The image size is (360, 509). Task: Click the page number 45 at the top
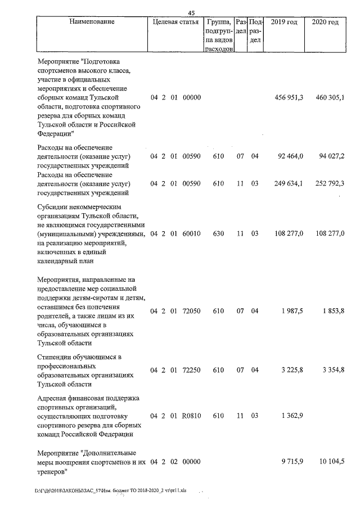coord(191,13)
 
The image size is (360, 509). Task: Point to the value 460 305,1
coord(331,98)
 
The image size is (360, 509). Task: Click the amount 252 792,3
coord(331,183)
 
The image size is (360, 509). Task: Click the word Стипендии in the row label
coord(55,357)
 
